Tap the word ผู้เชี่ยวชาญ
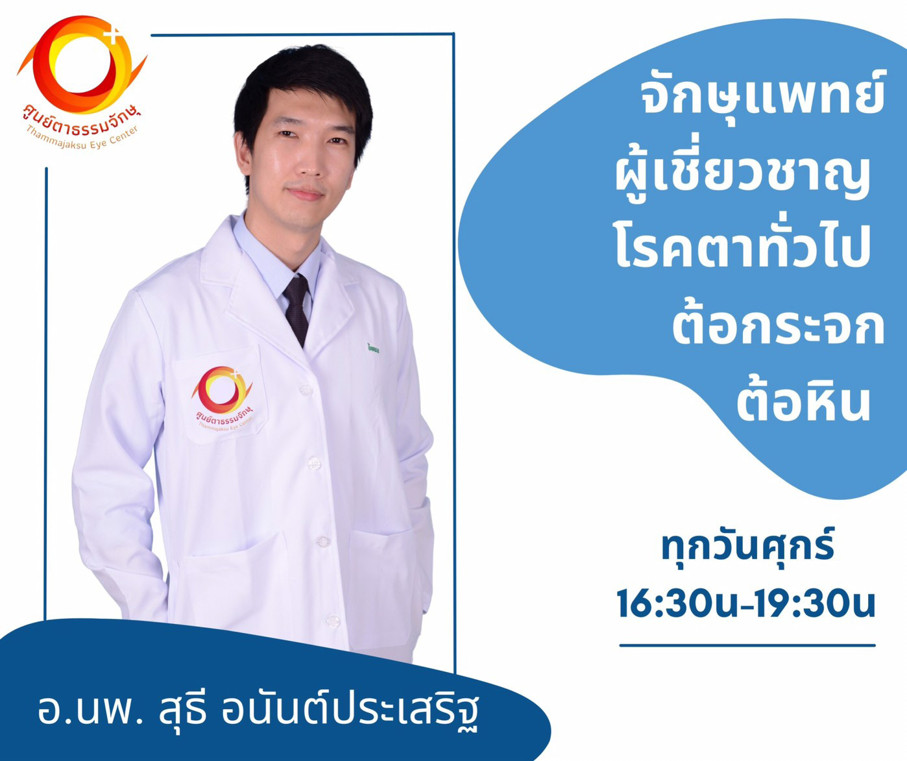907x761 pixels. (x=743, y=179)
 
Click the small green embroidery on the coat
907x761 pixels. (x=372, y=348)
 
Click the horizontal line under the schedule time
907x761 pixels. (x=747, y=646)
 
